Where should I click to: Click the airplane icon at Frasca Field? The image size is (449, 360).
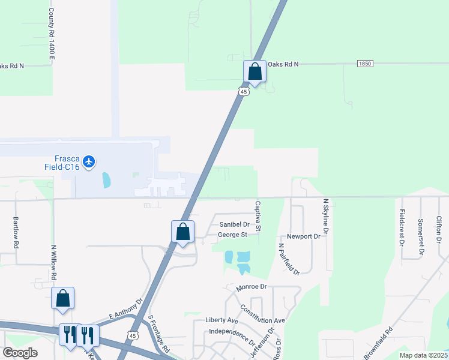pos(89,161)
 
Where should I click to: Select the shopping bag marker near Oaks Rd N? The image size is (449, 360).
pos(255,72)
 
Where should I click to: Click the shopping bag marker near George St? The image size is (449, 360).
pos(183,232)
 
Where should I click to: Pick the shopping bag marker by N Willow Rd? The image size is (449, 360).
pos(63,298)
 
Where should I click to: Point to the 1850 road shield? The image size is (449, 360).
pos(364,64)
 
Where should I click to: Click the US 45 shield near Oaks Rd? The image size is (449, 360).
pos(243,91)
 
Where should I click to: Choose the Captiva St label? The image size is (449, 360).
pos(258,217)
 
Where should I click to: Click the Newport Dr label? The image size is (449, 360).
pos(304,236)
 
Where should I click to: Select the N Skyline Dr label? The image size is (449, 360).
pos(325,217)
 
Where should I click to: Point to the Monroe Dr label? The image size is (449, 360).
pos(251,287)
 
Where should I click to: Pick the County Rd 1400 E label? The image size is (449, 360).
pos(52,33)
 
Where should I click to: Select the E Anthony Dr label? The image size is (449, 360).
pos(126,310)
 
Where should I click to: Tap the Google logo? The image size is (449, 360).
pos(20,353)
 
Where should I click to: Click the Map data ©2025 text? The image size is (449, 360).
pos(423,355)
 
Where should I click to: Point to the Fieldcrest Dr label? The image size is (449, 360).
pos(400,229)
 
